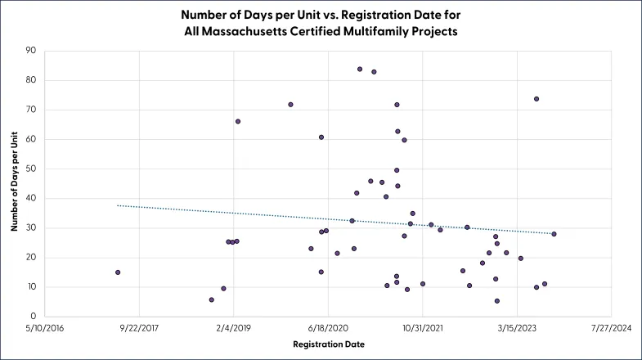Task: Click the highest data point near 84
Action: click(360, 70)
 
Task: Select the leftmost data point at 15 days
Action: click(118, 272)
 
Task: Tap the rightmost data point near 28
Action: click(554, 234)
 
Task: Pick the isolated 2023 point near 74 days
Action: click(536, 99)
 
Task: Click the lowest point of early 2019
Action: click(212, 299)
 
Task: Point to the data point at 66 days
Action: click(238, 122)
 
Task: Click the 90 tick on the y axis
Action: click(31, 51)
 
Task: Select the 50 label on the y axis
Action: click(31, 169)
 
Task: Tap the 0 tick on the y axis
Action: click(34, 316)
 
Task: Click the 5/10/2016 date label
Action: click(45, 328)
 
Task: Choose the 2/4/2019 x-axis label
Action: click(234, 328)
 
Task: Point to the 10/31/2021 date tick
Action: click(423, 328)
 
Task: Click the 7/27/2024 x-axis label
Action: click(611, 328)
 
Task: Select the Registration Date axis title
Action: click(329, 344)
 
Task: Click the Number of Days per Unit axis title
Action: click(15, 182)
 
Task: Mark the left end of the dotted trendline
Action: click(118, 205)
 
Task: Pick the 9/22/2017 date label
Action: click(139, 328)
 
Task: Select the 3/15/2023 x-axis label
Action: click(517, 328)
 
